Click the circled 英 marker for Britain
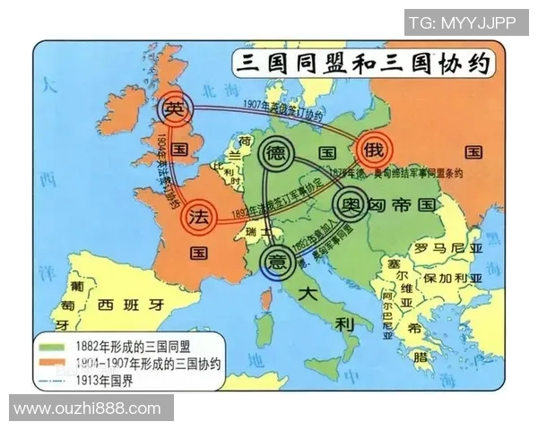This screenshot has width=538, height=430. [x=176, y=108]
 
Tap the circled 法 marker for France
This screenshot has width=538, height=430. [x=199, y=217]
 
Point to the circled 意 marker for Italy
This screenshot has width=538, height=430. [x=276, y=261]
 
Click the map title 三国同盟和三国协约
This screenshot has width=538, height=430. [x=363, y=64]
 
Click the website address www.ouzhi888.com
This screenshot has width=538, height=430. [x=87, y=408]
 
